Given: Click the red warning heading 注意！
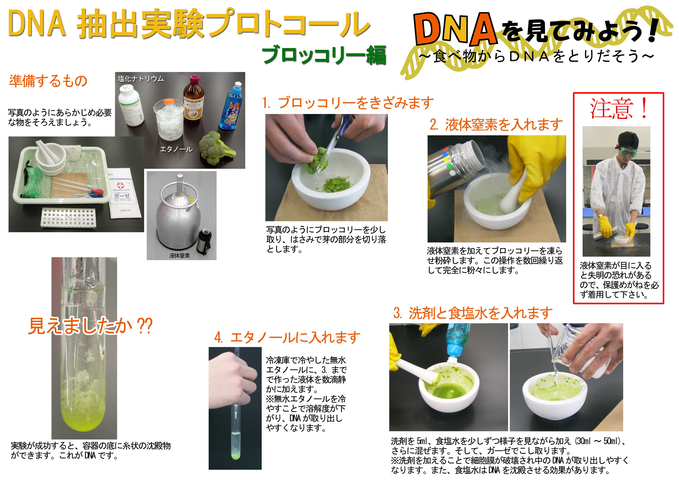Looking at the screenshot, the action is tap(619, 109).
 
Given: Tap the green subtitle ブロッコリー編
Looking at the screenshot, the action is tap(324, 55).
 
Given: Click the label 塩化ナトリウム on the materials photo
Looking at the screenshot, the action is tap(141, 79).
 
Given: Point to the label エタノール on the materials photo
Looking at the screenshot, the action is tap(176, 149).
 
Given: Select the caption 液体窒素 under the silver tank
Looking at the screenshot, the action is tap(179, 255).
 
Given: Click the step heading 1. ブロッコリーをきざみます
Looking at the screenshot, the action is tap(348, 103).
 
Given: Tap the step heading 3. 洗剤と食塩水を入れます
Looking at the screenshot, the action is tap(473, 313).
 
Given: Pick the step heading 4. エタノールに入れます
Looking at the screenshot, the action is tap(287, 337).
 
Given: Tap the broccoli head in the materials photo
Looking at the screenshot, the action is tap(216, 148).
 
